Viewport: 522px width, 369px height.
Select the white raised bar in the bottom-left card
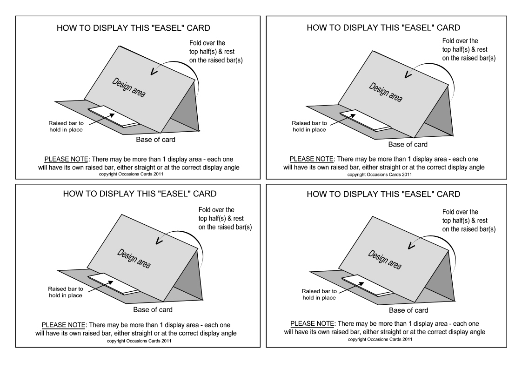(x=113, y=284)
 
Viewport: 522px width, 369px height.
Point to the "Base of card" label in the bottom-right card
(x=408, y=310)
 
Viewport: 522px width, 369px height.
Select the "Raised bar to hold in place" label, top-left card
(x=65, y=126)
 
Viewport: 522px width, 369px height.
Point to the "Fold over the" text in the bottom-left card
(x=216, y=210)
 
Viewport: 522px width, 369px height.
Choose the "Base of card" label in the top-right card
(x=408, y=144)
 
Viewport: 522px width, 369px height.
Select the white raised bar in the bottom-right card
(x=367, y=284)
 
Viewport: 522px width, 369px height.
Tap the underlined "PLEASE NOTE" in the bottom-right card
(x=310, y=323)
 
